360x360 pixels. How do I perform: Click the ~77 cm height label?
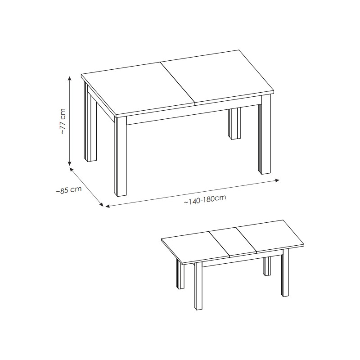click(x=63, y=121)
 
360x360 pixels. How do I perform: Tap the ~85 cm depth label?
click(x=69, y=190)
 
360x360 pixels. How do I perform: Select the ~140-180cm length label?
click(x=205, y=199)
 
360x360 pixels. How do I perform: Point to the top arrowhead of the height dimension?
click(x=70, y=78)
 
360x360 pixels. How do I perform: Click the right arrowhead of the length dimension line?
click(x=277, y=180)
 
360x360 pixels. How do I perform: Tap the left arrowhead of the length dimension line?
click(x=108, y=206)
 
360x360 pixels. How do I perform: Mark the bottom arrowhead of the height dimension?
click(x=70, y=163)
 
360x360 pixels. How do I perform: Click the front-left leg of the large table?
click(x=120, y=156)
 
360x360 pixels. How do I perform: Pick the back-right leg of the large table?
click(x=234, y=123)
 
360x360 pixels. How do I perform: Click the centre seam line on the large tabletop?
click(x=177, y=82)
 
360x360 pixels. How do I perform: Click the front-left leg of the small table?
click(x=198, y=286)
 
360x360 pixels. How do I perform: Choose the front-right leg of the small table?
click(x=285, y=273)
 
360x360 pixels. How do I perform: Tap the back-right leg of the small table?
click(x=267, y=266)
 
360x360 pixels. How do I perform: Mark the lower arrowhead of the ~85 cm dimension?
click(x=101, y=204)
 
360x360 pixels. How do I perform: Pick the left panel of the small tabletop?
click(x=196, y=247)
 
